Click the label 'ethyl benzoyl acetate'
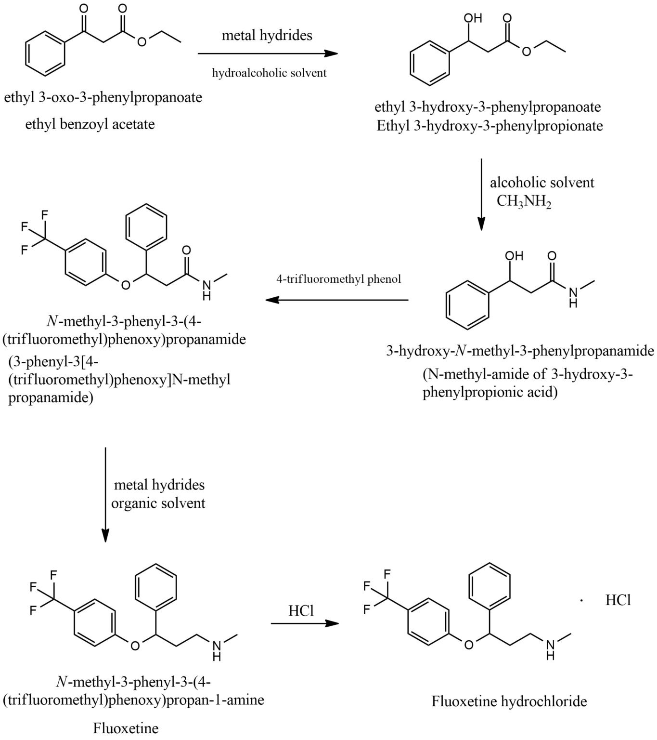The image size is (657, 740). click(x=90, y=124)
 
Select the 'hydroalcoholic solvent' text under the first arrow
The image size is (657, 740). click(x=269, y=73)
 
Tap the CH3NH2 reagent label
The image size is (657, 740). click(x=524, y=201)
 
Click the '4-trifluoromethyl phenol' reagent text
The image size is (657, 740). click(x=338, y=279)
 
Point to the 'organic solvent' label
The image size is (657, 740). click(x=158, y=503)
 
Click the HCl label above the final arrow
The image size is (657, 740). click(x=301, y=611)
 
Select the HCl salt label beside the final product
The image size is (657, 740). click(x=618, y=600)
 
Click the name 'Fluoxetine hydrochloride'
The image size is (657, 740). click(x=509, y=701)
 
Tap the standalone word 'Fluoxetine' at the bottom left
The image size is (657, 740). click(x=126, y=727)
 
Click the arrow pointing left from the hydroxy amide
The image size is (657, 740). click(x=337, y=300)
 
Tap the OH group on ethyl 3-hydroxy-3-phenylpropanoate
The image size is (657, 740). click(x=472, y=18)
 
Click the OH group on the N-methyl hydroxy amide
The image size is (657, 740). click(x=514, y=256)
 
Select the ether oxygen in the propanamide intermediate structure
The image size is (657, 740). click(x=126, y=285)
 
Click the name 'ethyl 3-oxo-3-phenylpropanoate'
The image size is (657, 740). click(x=103, y=97)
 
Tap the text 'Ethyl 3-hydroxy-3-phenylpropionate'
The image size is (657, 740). click(x=490, y=126)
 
